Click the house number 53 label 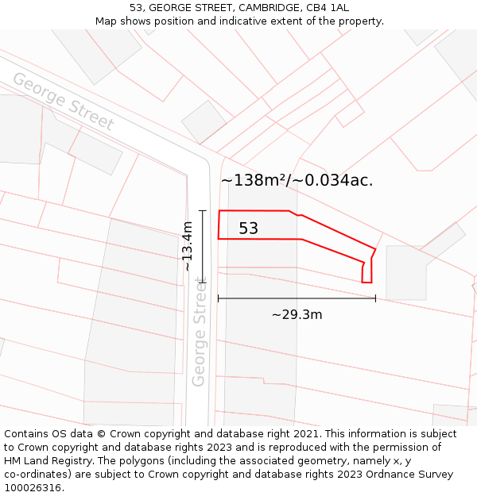tap(248, 229)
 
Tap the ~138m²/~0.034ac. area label tap(297, 180)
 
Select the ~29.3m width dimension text tap(297, 315)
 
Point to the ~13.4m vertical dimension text tap(187, 246)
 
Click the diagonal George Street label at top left tap(63, 102)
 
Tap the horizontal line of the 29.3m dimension tap(297, 298)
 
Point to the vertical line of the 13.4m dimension tap(203, 246)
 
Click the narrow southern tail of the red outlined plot tap(366, 271)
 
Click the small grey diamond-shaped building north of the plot tap(204, 121)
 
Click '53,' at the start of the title tap(137, 8)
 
